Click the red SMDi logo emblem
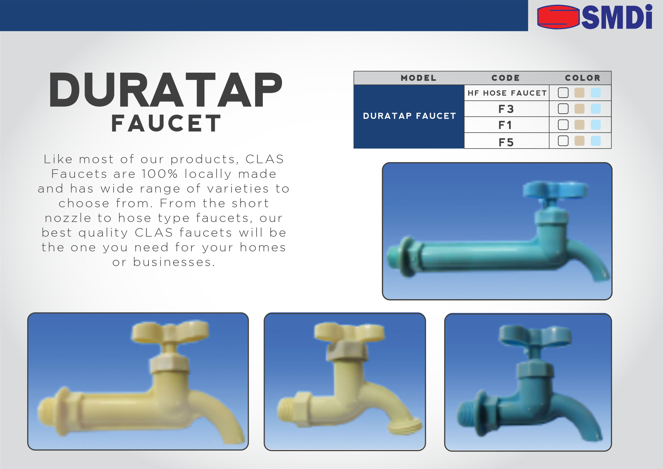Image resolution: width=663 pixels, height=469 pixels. (558, 17)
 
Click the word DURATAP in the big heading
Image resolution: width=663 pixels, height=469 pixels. (166, 90)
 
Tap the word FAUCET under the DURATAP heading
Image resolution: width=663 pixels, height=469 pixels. (166, 123)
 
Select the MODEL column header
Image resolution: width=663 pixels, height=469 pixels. (418, 78)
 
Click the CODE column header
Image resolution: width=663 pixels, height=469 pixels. (506, 78)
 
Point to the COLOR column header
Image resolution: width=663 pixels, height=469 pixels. (583, 78)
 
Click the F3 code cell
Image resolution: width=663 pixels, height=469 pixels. (506, 109)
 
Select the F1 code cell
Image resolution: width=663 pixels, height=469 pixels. (505, 125)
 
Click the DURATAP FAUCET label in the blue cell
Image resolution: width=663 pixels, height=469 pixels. (410, 116)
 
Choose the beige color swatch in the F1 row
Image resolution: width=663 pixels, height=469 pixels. (579, 125)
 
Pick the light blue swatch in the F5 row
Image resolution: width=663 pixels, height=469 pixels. (596, 141)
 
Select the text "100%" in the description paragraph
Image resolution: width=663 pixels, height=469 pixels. (159, 174)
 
